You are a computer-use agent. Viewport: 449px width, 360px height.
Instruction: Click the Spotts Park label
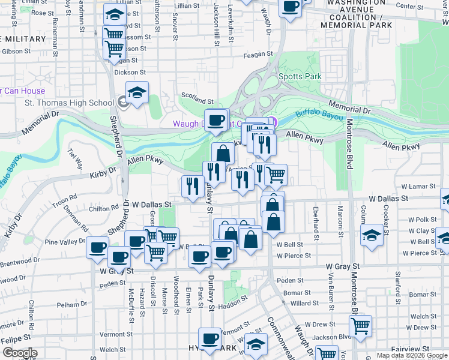point(300,76)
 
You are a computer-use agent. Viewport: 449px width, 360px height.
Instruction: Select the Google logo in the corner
point(19,353)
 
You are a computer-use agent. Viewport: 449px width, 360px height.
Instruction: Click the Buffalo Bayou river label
point(321,116)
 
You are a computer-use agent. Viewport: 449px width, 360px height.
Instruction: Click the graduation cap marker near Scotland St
point(137,93)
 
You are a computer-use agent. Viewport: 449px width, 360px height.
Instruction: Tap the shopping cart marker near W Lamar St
point(276,175)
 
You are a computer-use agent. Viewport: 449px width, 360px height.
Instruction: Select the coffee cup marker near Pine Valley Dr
point(98,248)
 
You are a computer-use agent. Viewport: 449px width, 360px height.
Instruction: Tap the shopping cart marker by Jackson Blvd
point(360,326)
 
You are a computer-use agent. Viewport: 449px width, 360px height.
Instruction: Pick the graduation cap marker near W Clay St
point(372,235)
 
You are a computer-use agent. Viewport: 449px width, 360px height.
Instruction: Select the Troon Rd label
point(65,197)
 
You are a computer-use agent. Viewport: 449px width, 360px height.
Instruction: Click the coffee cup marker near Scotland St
point(216,120)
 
